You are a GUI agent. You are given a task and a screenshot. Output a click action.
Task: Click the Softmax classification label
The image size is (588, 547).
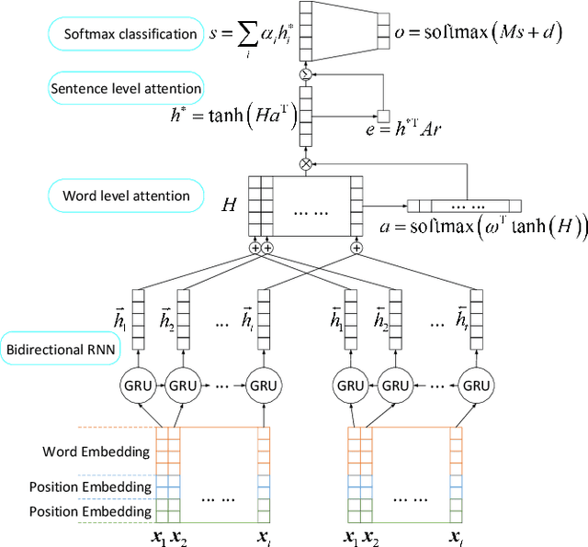tap(130, 35)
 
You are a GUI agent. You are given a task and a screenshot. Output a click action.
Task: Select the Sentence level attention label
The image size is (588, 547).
tap(126, 88)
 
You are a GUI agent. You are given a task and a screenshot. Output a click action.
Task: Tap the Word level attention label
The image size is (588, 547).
tap(126, 195)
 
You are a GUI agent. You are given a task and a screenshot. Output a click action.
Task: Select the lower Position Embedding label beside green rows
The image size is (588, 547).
tap(90, 510)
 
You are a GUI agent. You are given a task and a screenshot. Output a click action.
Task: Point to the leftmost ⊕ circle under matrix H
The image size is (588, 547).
tap(255, 248)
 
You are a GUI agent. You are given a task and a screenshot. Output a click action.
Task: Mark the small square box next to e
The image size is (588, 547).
tap(384, 115)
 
